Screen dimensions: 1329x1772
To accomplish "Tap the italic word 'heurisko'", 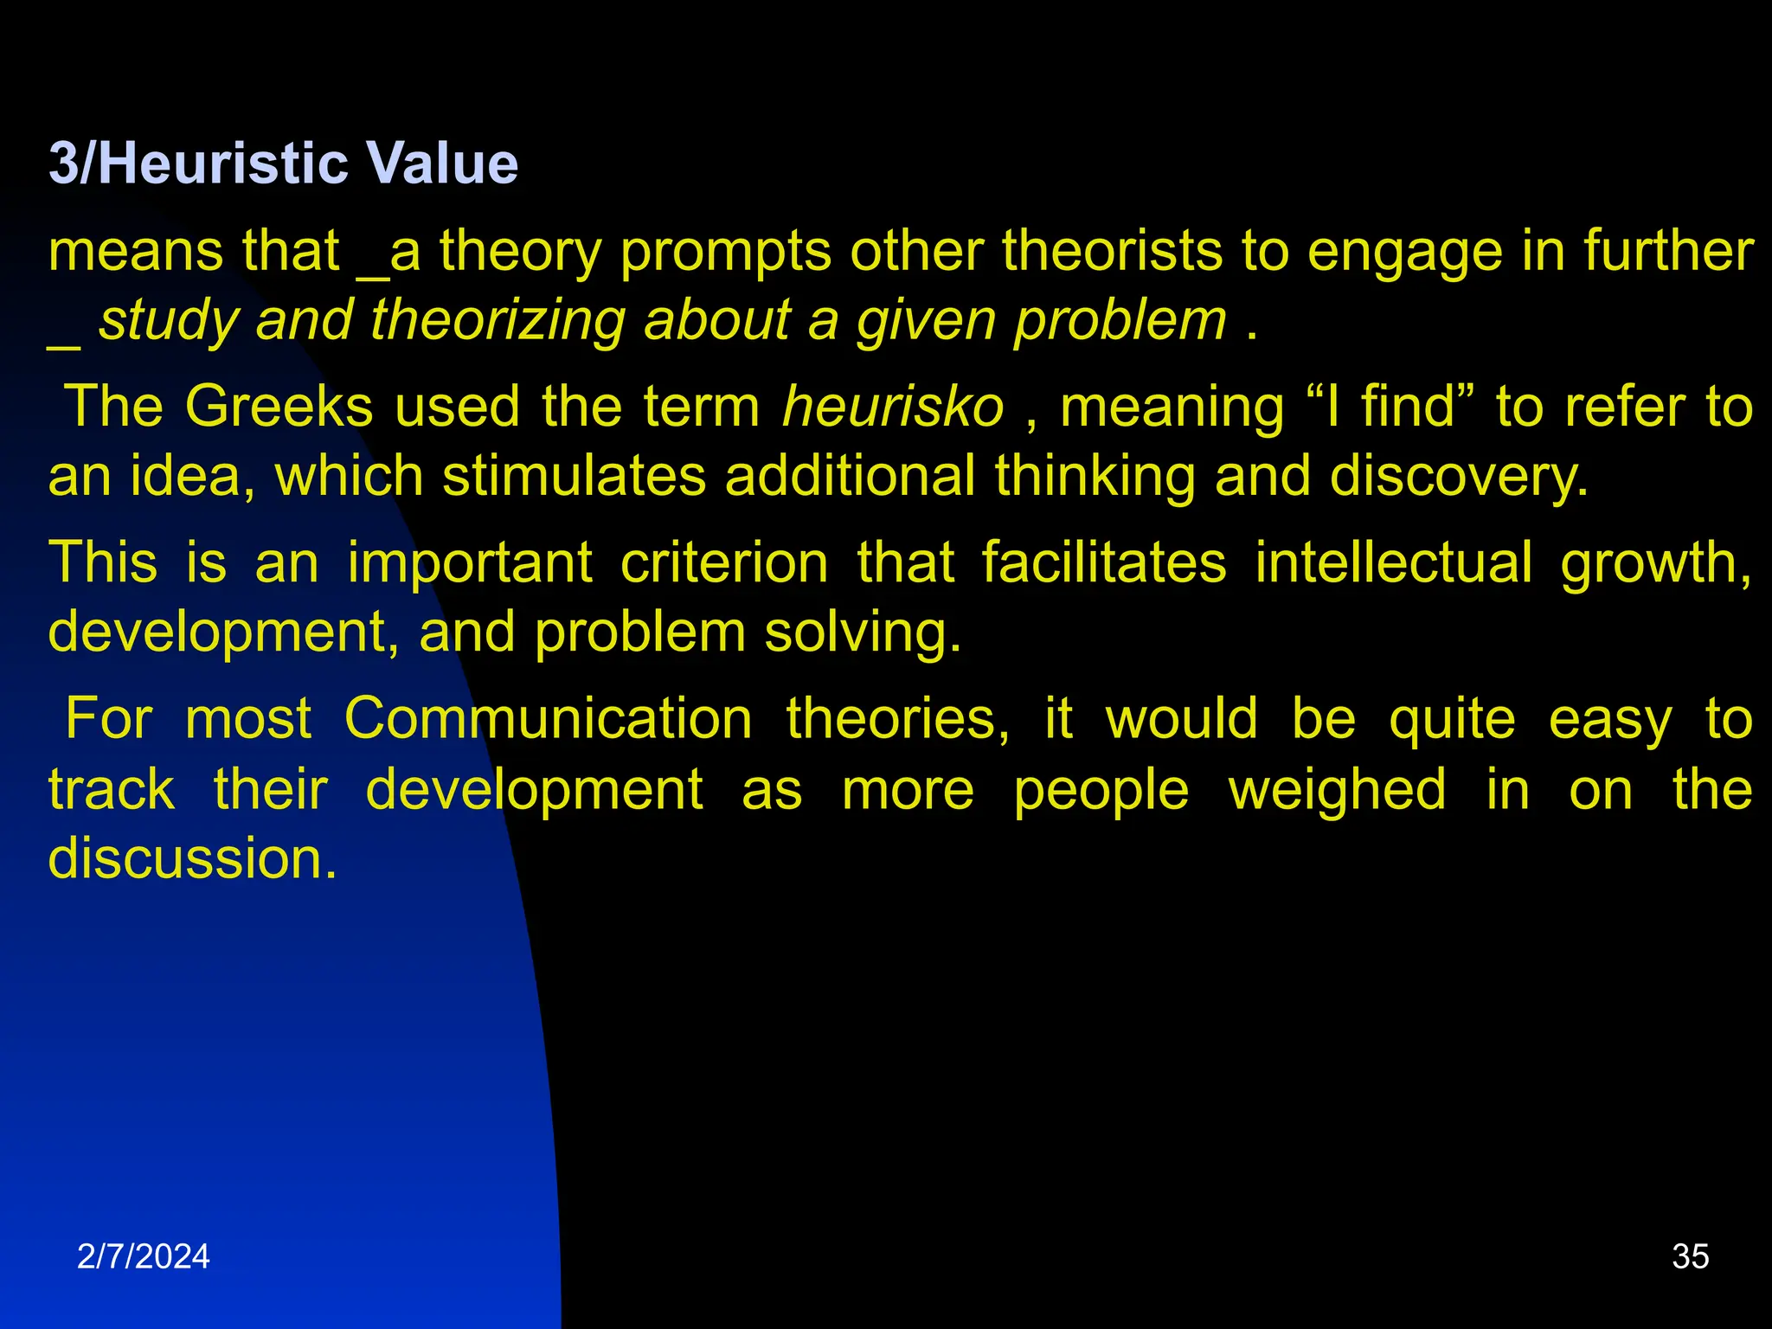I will tap(892, 407).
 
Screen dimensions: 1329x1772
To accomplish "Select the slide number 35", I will tap(1690, 1256).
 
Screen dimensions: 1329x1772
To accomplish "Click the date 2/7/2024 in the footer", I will tap(143, 1256).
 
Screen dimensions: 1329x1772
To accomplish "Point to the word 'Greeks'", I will tap(279, 407).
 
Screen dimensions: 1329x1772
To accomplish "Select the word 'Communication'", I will tap(548, 719).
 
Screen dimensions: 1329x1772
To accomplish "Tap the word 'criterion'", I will tap(724, 563).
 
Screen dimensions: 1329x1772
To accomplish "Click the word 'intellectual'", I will tap(1394, 563).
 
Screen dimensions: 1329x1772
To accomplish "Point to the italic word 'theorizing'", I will tap(497, 320).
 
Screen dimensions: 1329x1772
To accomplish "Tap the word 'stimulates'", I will tap(574, 477).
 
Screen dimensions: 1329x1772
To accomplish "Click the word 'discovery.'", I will tap(1459, 477).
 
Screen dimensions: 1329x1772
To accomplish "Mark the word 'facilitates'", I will tap(1103, 563).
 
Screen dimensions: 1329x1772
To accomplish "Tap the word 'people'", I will tap(1101, 791).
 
